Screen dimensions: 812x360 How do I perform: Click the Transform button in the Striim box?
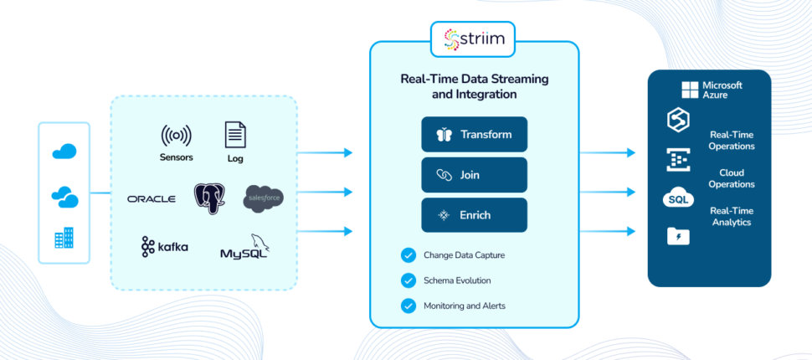pos(474,134)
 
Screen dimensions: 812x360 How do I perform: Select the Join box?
pos(474,175)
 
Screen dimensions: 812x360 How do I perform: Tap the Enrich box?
pos(474,215)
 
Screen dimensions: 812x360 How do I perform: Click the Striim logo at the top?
pos(473,39)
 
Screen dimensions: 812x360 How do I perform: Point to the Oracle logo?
pos(152,199)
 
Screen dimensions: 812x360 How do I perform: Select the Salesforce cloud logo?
pos(264,199)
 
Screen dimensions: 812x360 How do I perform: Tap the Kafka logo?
pos(164,247)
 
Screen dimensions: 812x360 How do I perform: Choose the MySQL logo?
pos(245,247)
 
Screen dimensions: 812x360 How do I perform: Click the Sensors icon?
pos(176,136)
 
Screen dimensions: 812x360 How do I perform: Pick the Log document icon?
pos(235,135)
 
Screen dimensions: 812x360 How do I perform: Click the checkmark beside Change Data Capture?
pos(408,255)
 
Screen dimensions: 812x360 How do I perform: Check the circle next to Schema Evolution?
pos(408,280)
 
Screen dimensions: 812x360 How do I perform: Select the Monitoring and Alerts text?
pos(465,306)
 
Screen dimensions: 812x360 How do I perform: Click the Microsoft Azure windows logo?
pos(690,90)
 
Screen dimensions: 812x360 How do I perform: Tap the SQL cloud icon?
pos(678,199)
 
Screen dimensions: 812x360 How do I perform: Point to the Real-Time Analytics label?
pos(732,217)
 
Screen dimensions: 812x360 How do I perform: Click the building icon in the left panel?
pos(64,238)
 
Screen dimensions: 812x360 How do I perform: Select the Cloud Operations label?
pos(732,178)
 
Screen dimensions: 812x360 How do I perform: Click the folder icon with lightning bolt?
pos(678,236)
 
